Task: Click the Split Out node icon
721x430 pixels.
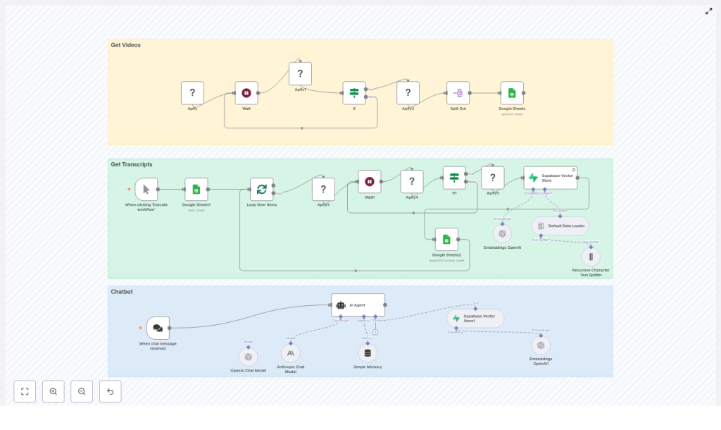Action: tap(458, 93)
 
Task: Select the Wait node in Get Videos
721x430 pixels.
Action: tap(246, 93)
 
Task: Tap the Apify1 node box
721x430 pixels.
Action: tap(300, 74)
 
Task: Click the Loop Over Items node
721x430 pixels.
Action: tap(262, 189)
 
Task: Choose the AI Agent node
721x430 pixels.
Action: tap(358, 305)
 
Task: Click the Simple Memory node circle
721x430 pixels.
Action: tap(368, 352)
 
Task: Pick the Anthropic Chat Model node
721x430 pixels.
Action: tap(291, 352)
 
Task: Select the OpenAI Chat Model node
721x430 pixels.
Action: tap(249, 357)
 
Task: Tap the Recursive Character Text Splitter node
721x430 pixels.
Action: tap(591, 257)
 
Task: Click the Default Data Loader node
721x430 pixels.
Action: tap(560, 226)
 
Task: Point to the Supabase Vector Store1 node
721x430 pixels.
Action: tap(475, 318)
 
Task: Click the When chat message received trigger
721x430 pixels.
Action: tap(158, 328)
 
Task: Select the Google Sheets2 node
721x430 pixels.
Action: tap(446, 239)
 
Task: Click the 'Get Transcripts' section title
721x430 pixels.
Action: tap(132, 164)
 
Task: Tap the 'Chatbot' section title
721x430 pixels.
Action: tap(122, 291)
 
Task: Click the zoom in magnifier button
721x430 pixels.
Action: tap(54, 391)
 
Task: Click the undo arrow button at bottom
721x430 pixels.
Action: tap(111, 391)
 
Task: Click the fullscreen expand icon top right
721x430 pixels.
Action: tap(708, 11)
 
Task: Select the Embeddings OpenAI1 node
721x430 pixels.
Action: tap(541, 345)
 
